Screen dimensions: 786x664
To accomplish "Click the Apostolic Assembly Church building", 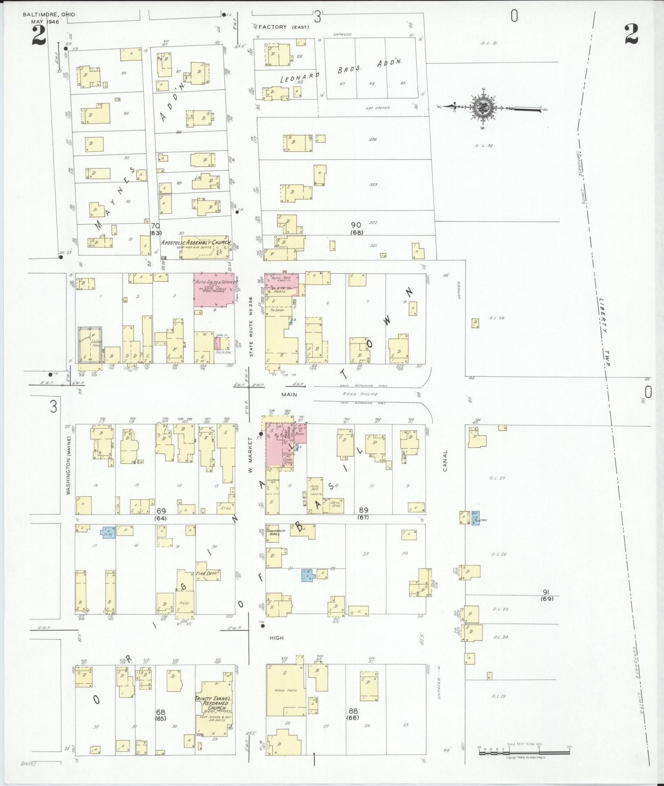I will pos(206,247).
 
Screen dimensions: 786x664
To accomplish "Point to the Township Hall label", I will pos(272,534).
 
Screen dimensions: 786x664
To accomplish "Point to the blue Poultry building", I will pos(476,518).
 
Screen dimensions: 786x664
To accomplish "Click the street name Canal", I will pos(445,461).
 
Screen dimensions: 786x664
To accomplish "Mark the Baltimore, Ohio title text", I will pos(49,15).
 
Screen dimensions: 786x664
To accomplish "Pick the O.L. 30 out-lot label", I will pos(484,146).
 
